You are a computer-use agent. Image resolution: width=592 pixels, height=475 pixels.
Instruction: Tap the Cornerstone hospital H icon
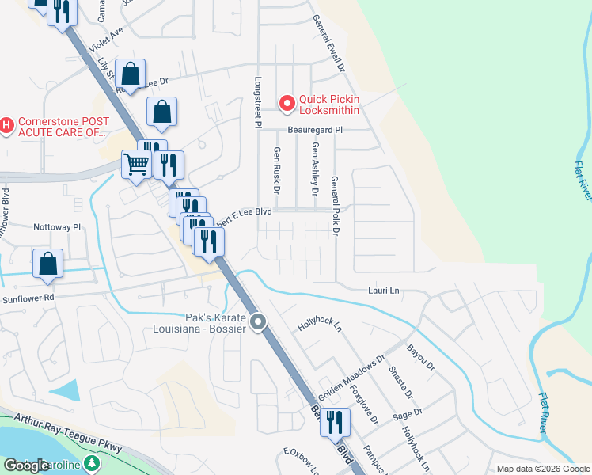pos(6,125)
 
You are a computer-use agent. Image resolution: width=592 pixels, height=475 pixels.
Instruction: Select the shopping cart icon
pos(136,165)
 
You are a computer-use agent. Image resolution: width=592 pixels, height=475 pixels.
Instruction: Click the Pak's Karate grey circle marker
pos(258,322)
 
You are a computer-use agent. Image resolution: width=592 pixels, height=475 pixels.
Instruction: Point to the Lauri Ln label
pos(384,291)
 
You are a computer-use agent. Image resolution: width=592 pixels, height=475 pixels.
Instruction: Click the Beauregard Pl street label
pos(315,128)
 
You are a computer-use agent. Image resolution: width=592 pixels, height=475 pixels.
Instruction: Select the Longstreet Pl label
pos(257,102)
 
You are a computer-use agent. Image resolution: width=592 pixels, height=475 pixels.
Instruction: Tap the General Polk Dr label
pos(335,206)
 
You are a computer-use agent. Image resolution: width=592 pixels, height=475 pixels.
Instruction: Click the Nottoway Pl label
pos(57,226)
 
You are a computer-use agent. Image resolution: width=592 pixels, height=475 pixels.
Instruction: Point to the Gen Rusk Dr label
pos(277,170)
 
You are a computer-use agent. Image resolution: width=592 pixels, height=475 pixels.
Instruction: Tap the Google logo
pos(27,465)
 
